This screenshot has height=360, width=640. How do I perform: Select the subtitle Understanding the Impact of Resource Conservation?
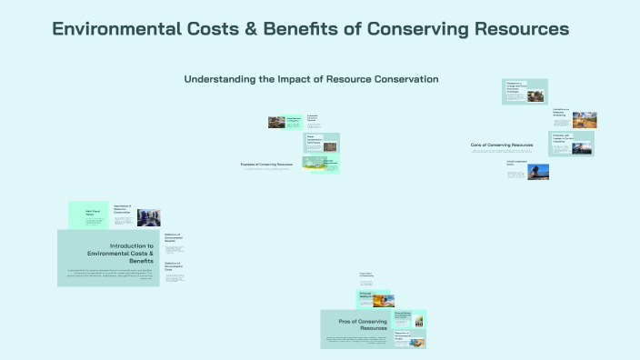(x=311, y=79)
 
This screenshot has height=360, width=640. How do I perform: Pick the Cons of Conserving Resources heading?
(x=501, y=145)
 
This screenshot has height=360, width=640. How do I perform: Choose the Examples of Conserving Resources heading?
(x=266, y=165)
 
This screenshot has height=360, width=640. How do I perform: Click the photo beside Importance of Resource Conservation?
(x=147, y=217)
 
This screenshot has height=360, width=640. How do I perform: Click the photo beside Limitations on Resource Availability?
(x=584, y=119)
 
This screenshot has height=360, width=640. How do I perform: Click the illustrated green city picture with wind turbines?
(x=315, y=164)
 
